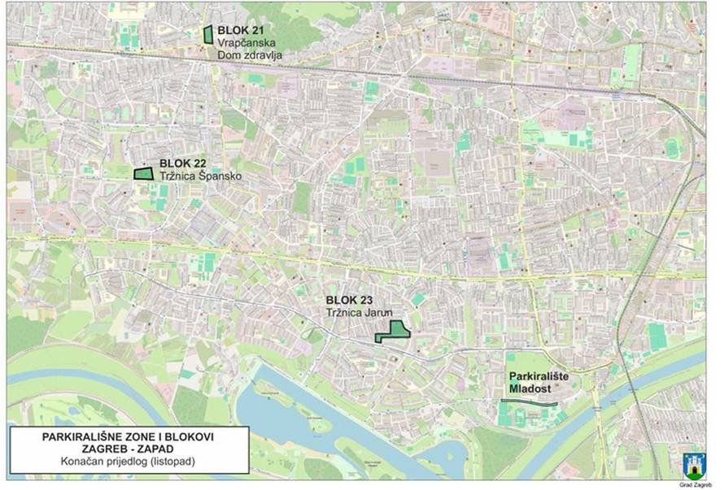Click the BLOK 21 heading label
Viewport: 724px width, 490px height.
coord(241,30)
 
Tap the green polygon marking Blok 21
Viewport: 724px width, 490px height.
coord(208,34)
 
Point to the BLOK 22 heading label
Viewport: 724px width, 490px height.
coord(182,163)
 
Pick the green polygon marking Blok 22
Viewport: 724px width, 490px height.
coord(143,173)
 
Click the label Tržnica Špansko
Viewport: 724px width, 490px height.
coord(200,176)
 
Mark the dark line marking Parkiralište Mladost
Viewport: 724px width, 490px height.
coord(529,402)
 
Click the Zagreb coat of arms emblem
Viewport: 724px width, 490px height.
coord(694,466)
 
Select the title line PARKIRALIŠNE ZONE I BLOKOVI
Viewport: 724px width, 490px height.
coord(127,437)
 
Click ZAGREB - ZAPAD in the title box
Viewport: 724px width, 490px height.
coord(127,449)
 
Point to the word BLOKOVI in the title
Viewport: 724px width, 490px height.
coord(189,437)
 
